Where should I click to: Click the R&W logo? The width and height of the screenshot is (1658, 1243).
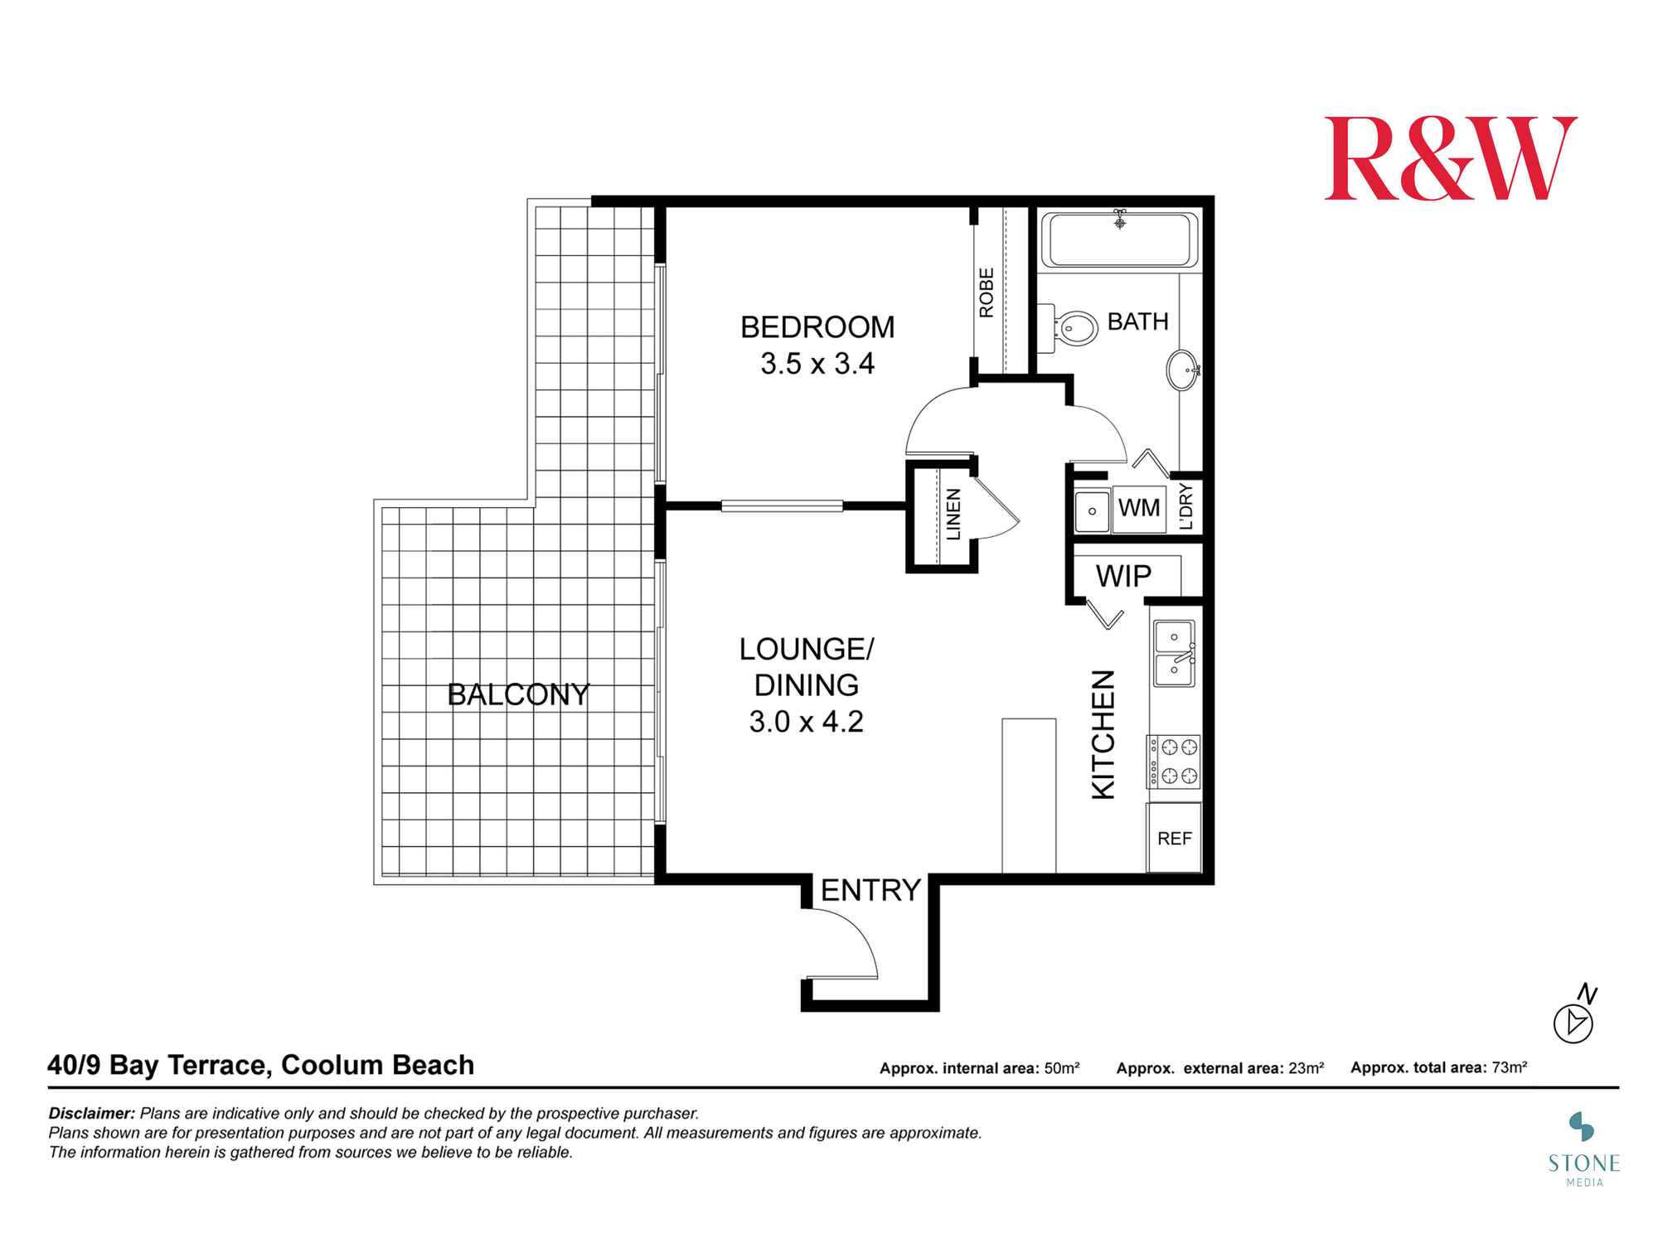[x=1450, y=158]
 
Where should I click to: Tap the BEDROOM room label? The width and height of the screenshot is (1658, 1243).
[x=817, y=327]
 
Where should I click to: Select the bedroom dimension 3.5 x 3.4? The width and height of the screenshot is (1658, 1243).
[x=817, y=364]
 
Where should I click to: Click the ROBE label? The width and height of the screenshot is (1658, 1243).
[x=987, y=293]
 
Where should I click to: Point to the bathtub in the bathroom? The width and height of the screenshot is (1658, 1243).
[x=1119, y=239]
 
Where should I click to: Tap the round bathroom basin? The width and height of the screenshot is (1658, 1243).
[x=1182, y=370]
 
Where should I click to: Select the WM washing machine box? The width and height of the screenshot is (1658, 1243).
[x=1139, y=508]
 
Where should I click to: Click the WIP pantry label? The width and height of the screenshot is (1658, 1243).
[x=1123, y=576]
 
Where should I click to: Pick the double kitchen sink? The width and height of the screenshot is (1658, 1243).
[x=1174, y=654]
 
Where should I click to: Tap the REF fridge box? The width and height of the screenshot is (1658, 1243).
[x=1174, y=838]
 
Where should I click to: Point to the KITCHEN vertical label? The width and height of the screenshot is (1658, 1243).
[x=1103, y=734]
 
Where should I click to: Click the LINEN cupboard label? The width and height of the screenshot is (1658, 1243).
[x=953, y=515]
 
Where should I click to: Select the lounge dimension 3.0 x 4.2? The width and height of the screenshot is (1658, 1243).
[x=806, y=722]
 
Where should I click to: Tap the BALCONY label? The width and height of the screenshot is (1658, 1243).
[x=518, y=694]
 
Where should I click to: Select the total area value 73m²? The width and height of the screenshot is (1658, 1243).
[x=1509, y=1067]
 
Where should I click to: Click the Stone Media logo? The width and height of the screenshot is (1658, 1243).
[x=1583, y=1149]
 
